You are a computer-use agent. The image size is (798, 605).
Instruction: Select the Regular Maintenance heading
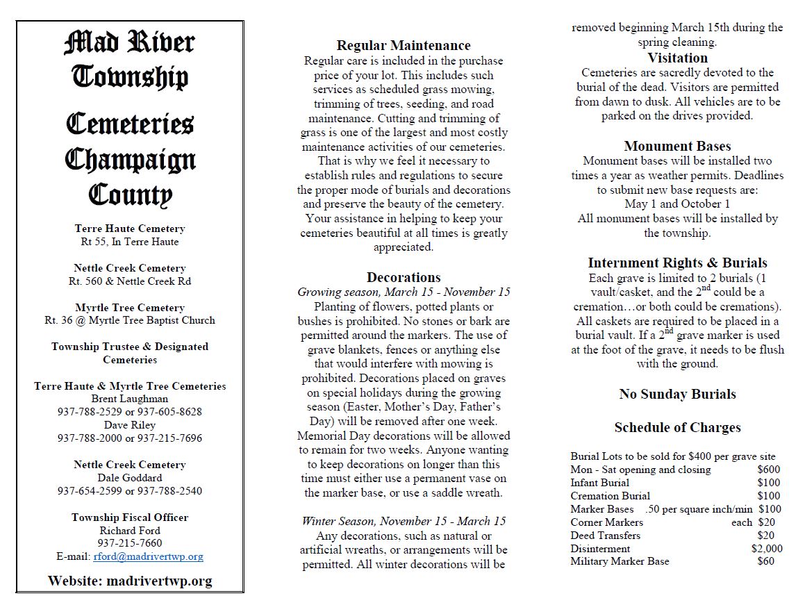tap(404, 46)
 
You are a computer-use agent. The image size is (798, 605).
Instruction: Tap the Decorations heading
tap(404, 278)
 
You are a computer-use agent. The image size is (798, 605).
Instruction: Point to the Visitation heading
tap(677, 58)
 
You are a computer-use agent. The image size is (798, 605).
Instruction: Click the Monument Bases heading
tap(677, 146)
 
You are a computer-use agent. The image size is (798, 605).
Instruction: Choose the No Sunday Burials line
tap(677, 394)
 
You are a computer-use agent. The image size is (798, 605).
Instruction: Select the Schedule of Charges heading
tap(677, 427)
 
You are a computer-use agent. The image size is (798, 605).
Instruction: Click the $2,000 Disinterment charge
tap(766, 548)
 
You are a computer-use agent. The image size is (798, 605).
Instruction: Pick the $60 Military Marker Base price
tap(765, 561)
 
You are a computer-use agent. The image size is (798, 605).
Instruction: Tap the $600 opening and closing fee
tap(768, 470)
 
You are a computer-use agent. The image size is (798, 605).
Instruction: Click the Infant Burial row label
tap(599, 483)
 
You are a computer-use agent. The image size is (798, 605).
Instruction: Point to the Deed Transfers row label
tap(605, 536)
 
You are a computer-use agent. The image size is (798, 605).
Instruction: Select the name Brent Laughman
tap(130, 399)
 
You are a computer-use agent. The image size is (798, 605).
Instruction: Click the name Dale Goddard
tap(130, 478)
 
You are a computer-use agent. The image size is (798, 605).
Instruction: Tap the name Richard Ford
tap(130, 530)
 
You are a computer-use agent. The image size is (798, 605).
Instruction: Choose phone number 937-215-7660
tap(130, 543)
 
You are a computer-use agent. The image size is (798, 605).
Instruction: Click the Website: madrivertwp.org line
tap(130, 581)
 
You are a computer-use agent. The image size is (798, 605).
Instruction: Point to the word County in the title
tap(130, 194)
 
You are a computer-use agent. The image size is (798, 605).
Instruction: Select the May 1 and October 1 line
tap(677, 204)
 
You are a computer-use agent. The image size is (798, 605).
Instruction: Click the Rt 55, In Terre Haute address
tap(130, 242)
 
